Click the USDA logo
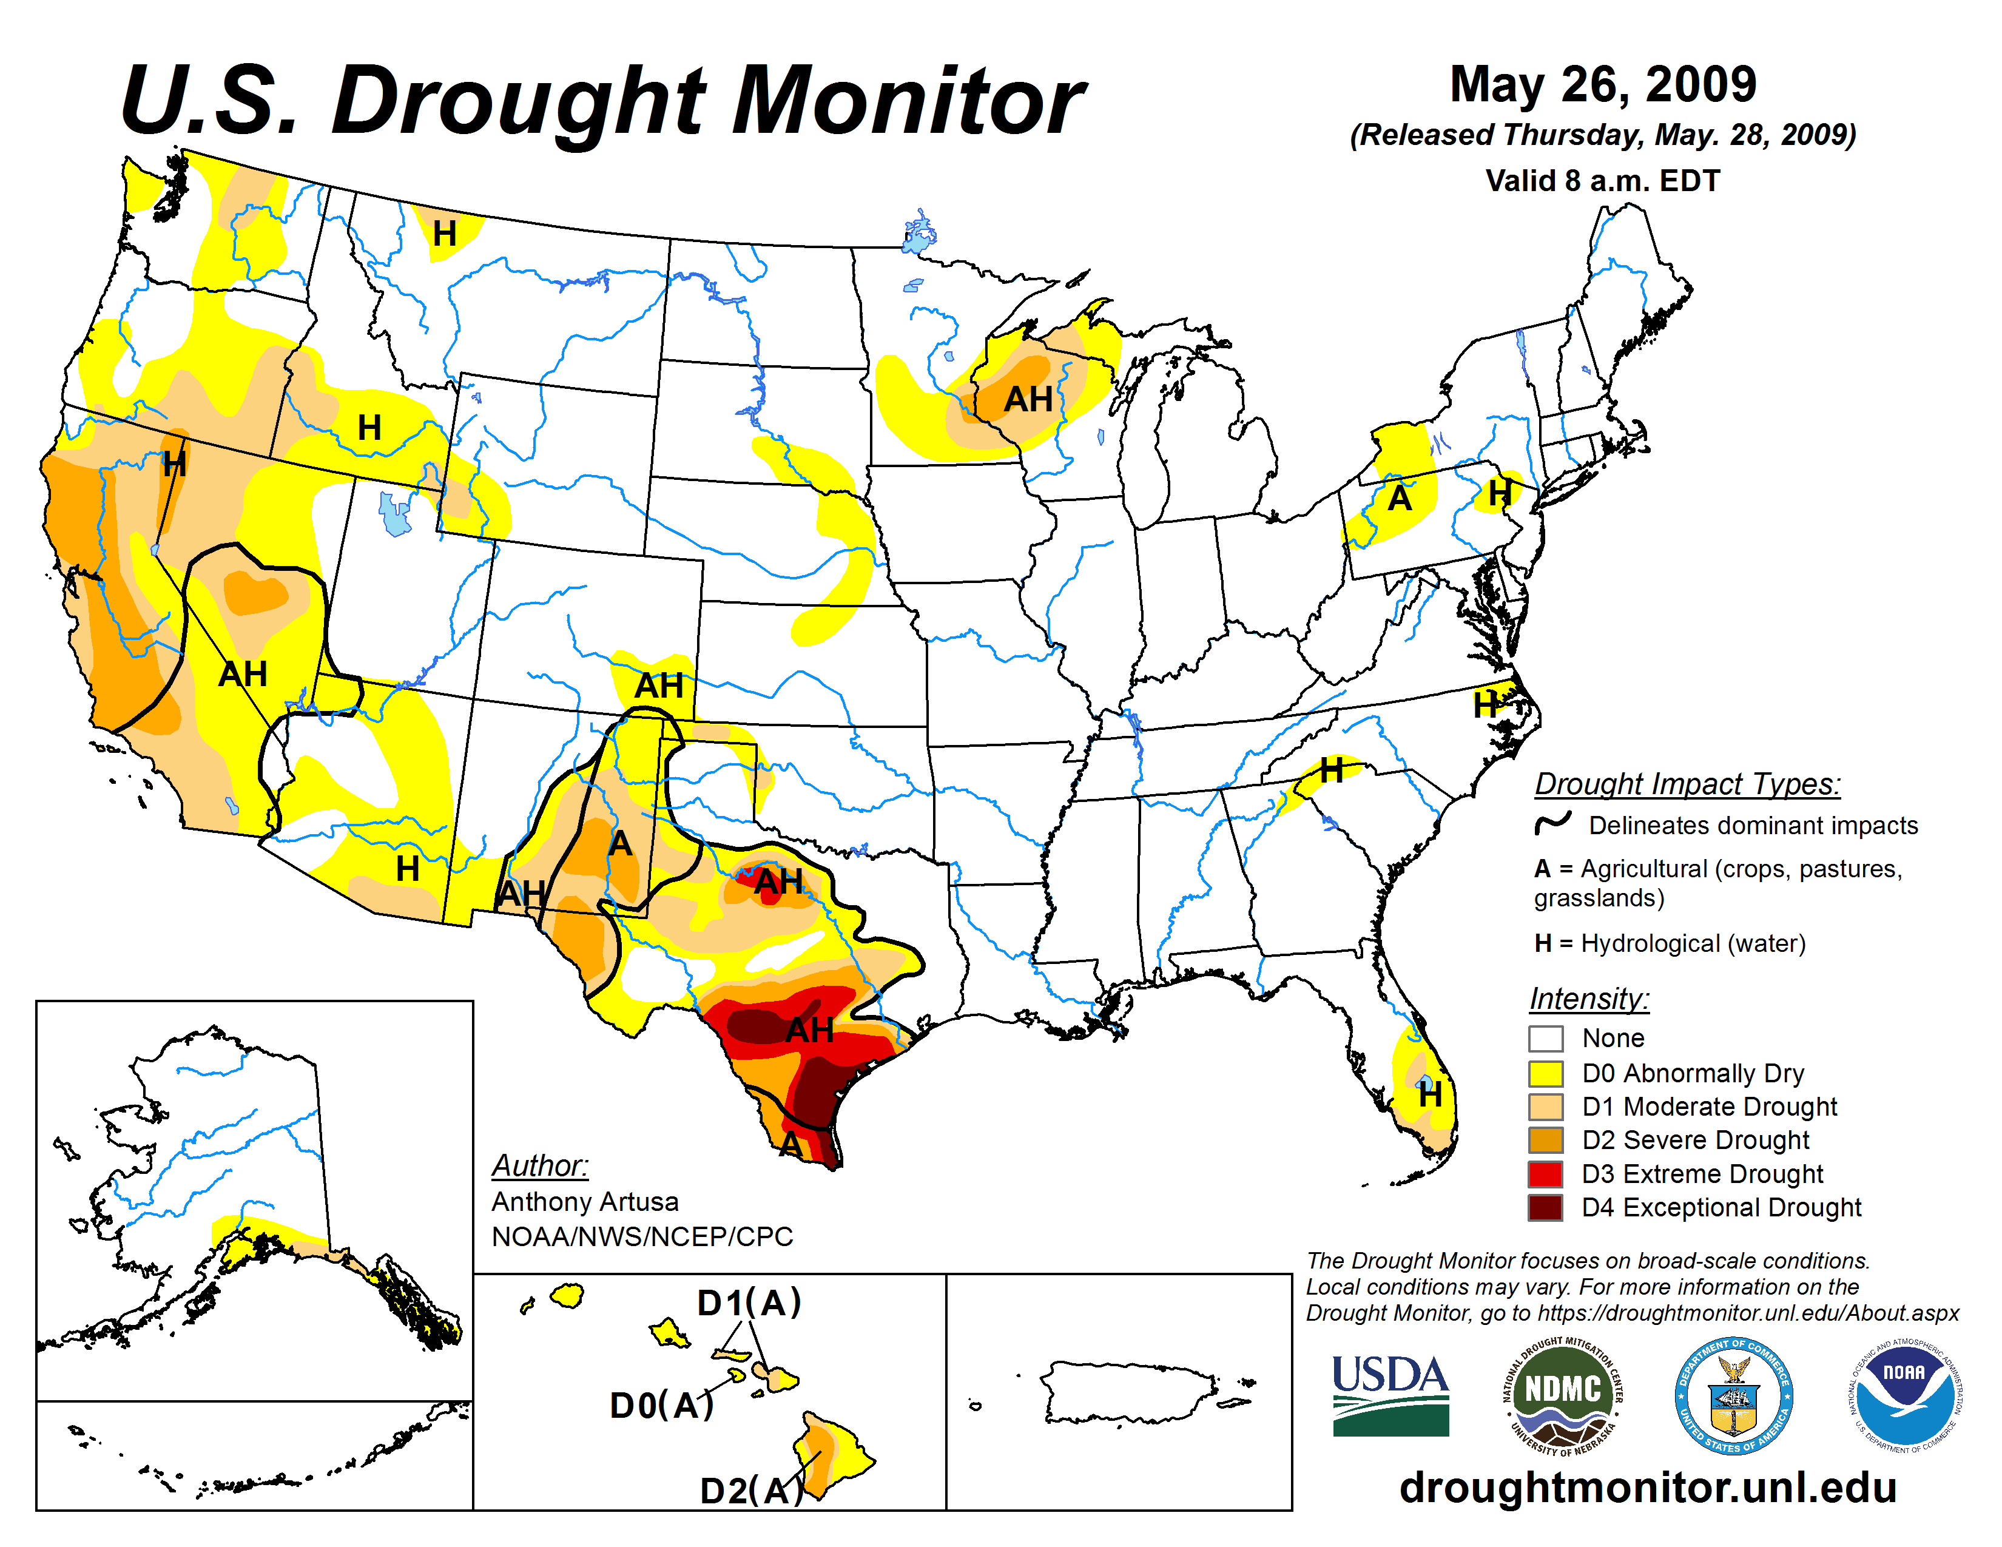tap(1390, 1395)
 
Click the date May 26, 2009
tap(1602, 84)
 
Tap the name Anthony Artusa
tap(585, 1201)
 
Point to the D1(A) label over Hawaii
tap(749, 1303)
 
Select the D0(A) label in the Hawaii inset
tap(661, 1405)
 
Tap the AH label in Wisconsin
tap(1028, 400)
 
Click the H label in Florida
tap(1429, 1094)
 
